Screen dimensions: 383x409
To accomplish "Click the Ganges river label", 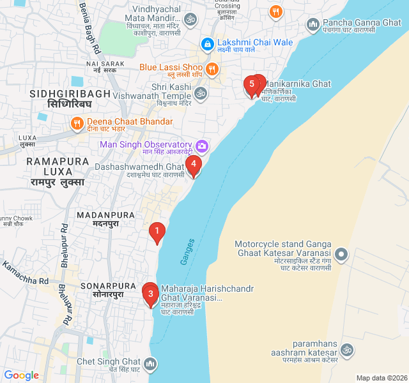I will (187, 245).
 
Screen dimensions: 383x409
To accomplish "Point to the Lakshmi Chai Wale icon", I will (207, 43).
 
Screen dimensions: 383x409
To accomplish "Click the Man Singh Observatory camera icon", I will (202, 146).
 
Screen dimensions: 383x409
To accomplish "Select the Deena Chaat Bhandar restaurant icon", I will (77, 122).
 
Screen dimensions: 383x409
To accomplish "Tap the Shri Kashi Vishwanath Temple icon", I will (201, 93).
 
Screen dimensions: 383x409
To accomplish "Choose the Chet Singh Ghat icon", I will (150, 363).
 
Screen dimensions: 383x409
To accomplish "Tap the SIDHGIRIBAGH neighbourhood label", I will (70, 94).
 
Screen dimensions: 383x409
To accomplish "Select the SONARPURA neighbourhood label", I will (109, 287).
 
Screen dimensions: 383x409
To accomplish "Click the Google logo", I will (21, 375).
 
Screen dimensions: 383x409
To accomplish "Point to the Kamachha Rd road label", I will (26, 272).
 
